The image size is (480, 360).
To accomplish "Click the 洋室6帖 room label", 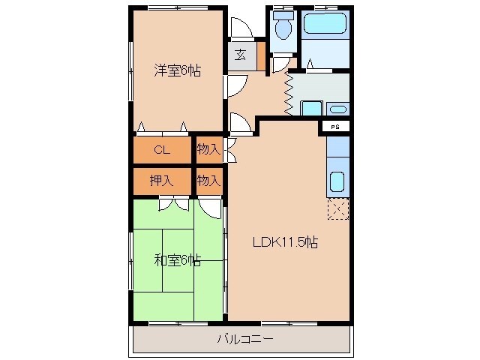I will (x=177, y=71).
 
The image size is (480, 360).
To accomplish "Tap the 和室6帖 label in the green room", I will (x=177, y=260).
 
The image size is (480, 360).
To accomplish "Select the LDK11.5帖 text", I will (x=286, y=242).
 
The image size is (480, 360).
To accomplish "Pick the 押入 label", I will (x=161, y=180).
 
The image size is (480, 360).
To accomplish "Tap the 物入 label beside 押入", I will (x=208, y=180).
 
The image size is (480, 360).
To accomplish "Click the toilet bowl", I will (x=283, y=28).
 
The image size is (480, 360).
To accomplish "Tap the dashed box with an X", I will (x=338, y=208).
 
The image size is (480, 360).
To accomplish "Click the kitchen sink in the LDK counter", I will (x=337, y=182).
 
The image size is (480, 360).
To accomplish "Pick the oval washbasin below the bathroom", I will (x=338, y=107).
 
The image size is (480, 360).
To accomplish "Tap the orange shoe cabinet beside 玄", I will (x=261, y=55).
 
